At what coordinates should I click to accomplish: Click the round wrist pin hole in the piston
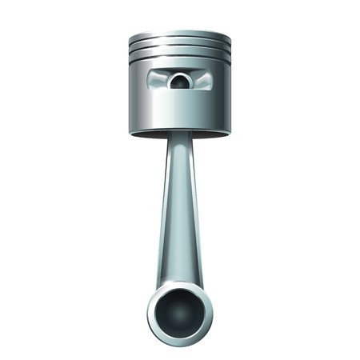pyautogui.click(x=181, y=80)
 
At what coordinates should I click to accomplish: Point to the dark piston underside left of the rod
pyautogui.click(x=148, y=132)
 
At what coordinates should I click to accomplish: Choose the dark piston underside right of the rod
pyautogui.click(x=212, y=132)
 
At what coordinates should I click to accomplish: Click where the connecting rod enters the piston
pyautogui.click(x=180, y=138)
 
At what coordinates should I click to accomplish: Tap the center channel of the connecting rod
pyautogui.click(x=180, y=208)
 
